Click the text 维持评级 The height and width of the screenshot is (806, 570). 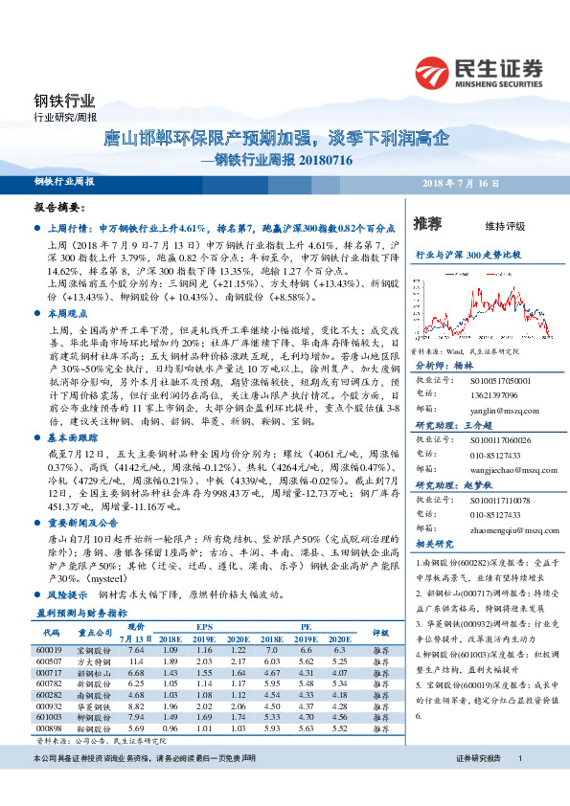(506, 226)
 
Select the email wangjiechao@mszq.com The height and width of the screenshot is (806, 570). (494, 471)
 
